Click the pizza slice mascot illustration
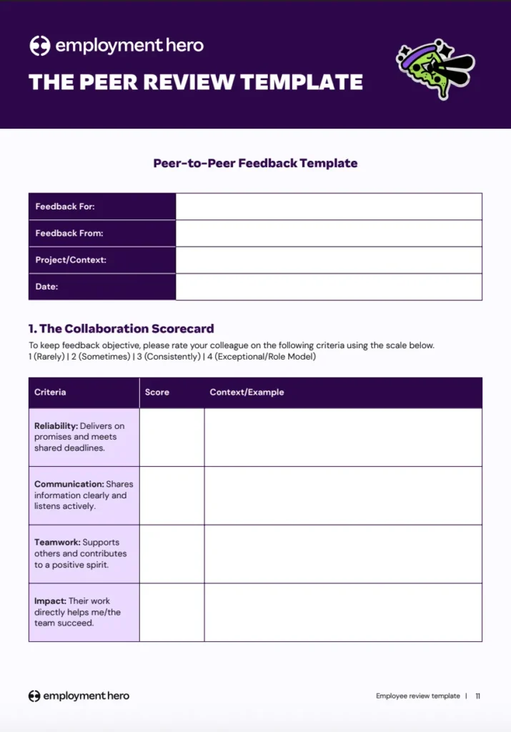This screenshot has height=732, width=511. pos(435,68)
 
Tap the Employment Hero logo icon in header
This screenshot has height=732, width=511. pos(39,46)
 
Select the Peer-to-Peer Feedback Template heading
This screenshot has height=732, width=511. pos(255,163)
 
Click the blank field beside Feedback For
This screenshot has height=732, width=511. pos(329,207)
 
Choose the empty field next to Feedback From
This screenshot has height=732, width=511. pos(329,233)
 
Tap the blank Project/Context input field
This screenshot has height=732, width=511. pos(329,260)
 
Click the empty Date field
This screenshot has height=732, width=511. pos(329,287)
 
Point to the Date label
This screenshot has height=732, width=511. pos(46,287)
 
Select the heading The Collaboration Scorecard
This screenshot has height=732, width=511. pos(121,329)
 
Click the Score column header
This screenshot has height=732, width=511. pos(157,392)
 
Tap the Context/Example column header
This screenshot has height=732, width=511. pos(247,392)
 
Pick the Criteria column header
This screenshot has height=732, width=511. pos(50,392)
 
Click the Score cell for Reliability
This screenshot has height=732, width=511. pos(172,437)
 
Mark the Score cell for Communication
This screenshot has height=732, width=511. pos(172,495)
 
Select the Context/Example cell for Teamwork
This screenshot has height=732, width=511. pos(343,554)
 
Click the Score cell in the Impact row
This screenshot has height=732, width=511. pos(172,613)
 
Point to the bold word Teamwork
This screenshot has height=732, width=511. pos(56,543)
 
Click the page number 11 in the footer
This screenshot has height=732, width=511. pos(478,696)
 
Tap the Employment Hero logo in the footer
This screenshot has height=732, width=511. pos(79,696)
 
